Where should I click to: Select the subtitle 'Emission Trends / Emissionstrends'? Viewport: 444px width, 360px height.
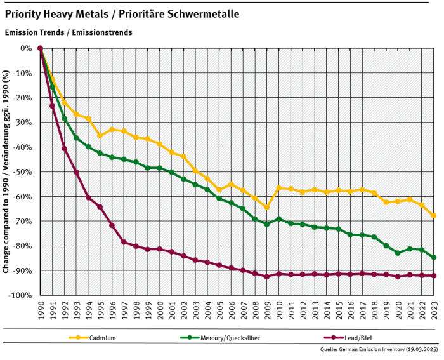68,32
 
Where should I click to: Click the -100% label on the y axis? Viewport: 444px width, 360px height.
20,296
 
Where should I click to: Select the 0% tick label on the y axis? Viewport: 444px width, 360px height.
25,48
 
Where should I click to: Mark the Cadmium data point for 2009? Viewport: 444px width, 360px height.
266,208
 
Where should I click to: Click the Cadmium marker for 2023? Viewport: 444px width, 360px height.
434,216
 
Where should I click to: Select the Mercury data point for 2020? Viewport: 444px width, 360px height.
398,253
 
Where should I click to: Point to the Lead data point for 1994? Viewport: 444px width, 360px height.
88,197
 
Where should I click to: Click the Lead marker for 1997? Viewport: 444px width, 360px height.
124,242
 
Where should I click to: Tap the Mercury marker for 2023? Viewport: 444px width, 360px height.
434,257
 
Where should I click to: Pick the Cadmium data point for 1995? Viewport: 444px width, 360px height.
100,135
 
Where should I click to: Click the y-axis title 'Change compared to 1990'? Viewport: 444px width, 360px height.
6,171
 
